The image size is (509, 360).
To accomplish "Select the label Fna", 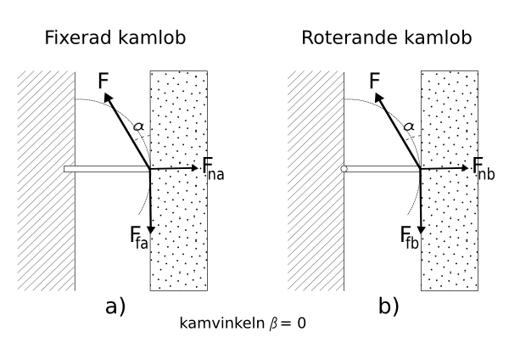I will pyautogui.click(x=213, y=168).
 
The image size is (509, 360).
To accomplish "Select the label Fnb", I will pyautogui.click(x=484, y=168).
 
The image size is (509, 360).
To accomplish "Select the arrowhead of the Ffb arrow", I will pyautogui.click(x=421, y=227).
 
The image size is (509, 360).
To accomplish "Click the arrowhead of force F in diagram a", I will pyautogui.click(x=109, y=98).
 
